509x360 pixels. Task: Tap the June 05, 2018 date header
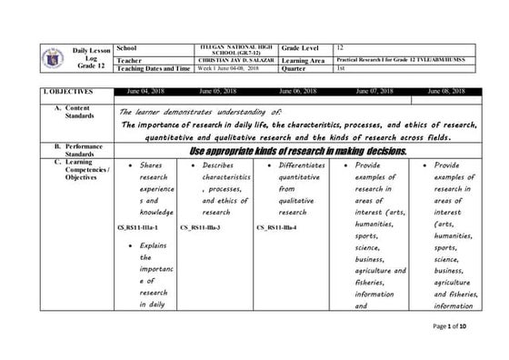click(218, 92)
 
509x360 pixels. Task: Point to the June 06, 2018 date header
click(297, 92)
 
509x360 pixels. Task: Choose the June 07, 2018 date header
click(374, 92)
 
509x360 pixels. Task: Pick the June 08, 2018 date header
click(446, 92)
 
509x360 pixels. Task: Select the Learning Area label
click(304, 60)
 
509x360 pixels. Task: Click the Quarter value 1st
click(341, 68)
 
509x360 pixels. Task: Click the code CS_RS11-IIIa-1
click(138, 226)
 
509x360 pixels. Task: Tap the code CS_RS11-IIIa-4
click(276, 226)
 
